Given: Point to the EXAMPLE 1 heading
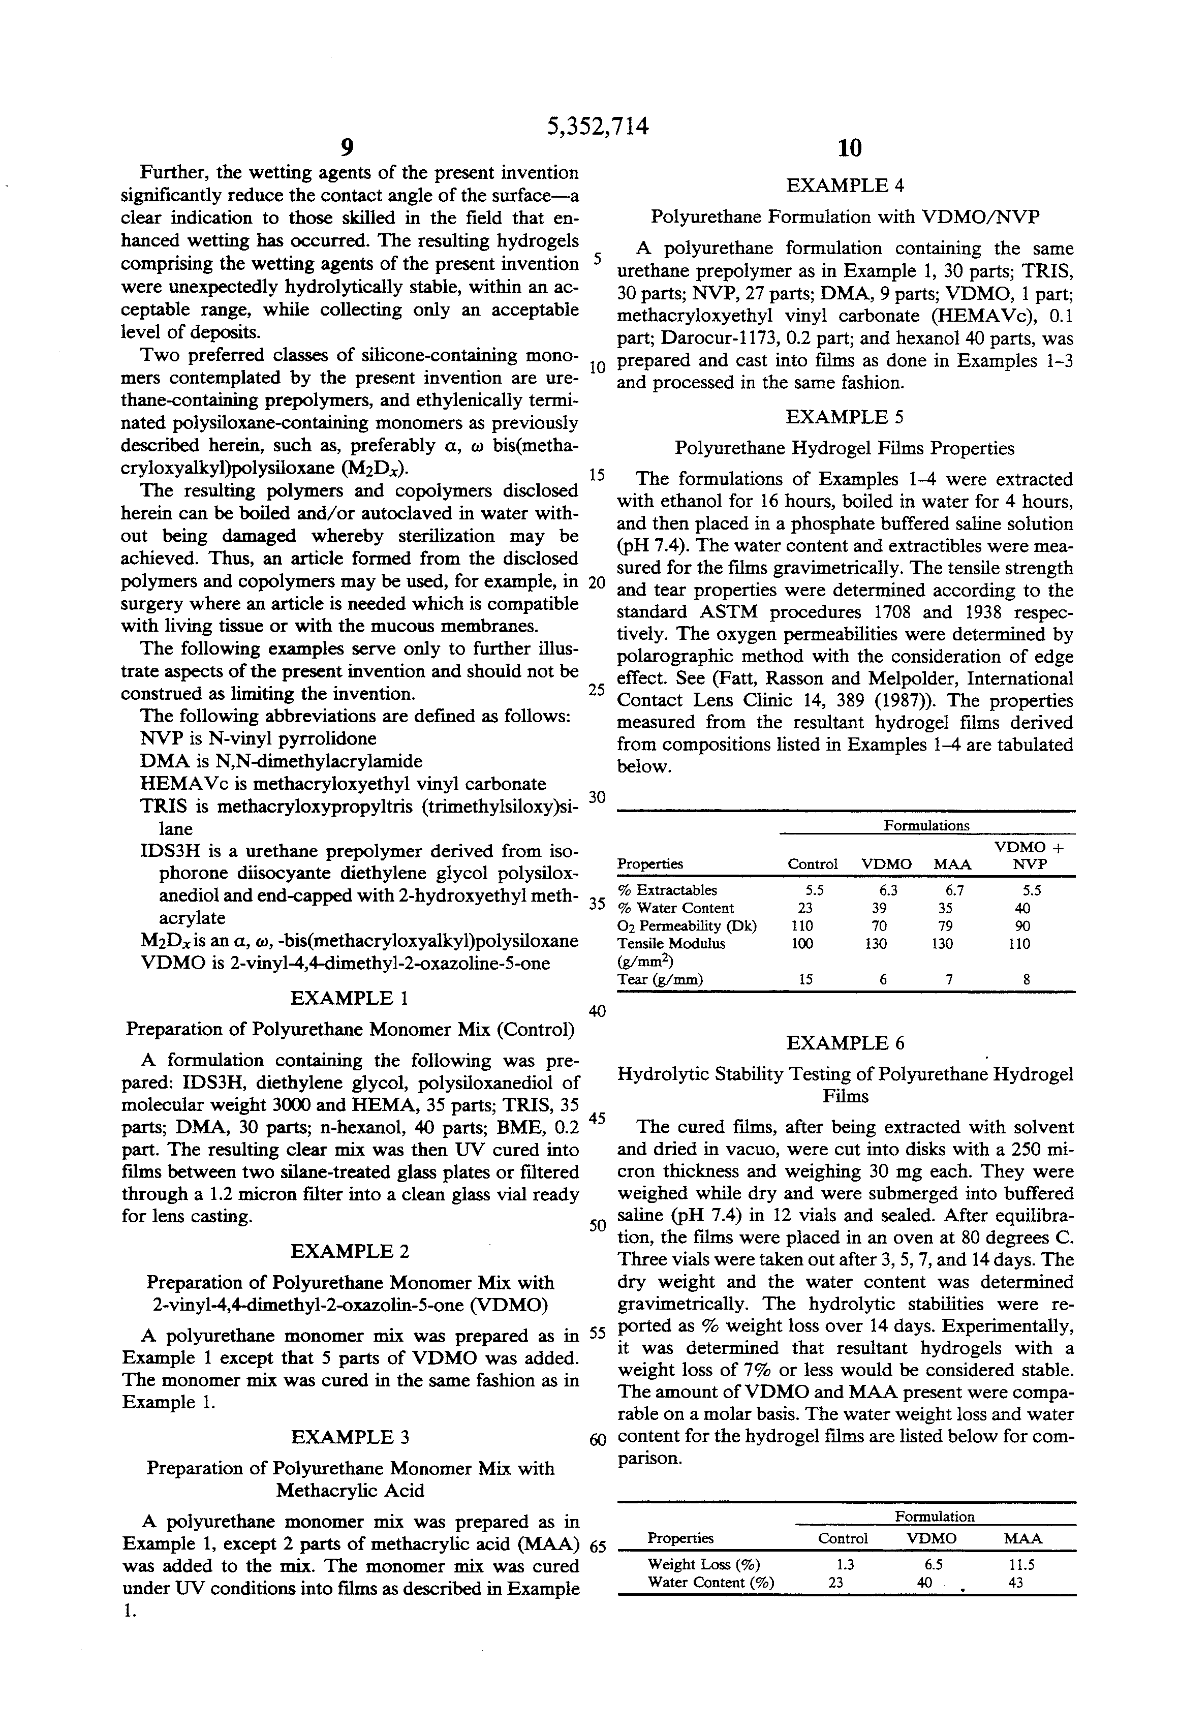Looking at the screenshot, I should [x=349, y=998].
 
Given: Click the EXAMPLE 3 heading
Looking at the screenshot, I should [x=350, y=1437].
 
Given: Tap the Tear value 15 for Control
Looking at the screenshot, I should [x=805, y=980].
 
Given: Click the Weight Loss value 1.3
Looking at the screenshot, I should [x=845, y=1564].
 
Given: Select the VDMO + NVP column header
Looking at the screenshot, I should [x=1029, y=855].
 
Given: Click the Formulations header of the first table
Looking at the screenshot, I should [x=926, y=825].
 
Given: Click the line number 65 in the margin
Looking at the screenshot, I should [x=598, y=1545].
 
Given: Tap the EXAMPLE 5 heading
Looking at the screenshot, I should [x=845, y=417].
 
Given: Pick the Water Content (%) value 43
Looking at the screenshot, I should [x=1015, y=1582].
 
